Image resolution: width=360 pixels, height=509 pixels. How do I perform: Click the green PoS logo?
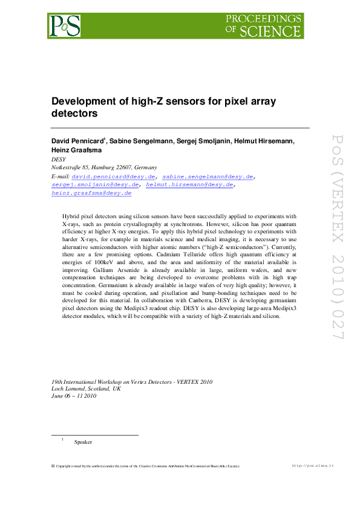coord(64,25)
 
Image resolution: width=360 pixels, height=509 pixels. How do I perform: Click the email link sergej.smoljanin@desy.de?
coord(96,185)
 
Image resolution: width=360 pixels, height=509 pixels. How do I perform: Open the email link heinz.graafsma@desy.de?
coord(91,193)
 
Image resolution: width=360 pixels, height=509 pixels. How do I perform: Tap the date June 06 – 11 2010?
coord(74,396)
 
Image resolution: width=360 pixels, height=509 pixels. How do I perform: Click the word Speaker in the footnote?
coord(83,442)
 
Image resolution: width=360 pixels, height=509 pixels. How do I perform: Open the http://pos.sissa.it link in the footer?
coord(313,465)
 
